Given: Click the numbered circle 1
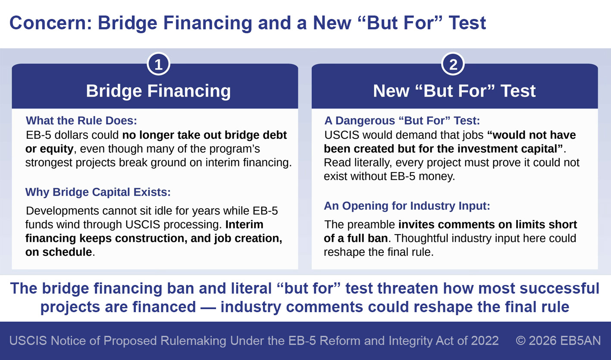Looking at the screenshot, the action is [159, 64].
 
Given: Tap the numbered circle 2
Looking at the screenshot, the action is [453, 64].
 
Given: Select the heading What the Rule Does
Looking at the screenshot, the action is [81, 121].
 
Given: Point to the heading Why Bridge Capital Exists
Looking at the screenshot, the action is [98, 192].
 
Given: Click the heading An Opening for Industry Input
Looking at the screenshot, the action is [407, 206].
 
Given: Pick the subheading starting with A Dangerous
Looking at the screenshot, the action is [402, 121].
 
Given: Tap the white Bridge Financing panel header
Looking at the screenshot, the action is [158, 91].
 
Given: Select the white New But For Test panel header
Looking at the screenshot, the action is [454, 91].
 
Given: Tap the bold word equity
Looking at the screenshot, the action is [57, 149].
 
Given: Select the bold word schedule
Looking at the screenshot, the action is [67, 252].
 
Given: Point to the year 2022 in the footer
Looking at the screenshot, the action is [485, 341].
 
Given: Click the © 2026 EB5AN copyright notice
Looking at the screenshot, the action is [558, 341].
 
